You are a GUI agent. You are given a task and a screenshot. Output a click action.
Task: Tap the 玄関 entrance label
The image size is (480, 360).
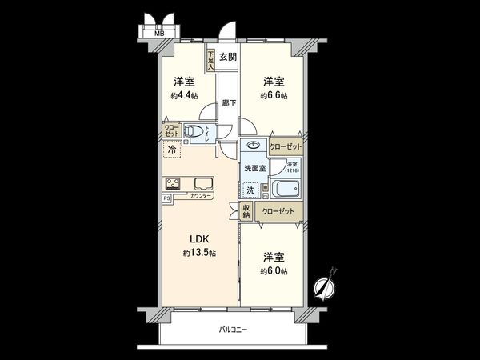228,57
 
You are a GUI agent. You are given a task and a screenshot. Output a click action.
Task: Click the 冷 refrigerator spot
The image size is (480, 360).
172,150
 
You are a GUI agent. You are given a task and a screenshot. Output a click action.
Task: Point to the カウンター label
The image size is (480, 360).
202,196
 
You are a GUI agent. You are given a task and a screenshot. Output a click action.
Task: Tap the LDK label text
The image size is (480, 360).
199,238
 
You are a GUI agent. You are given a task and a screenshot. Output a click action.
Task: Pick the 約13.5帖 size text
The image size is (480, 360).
199,253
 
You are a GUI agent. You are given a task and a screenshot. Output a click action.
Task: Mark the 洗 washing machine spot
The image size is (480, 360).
250,190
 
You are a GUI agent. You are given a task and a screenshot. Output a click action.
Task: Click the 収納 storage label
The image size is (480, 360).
246,211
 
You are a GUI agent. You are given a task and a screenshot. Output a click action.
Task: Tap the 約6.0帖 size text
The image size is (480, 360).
274,271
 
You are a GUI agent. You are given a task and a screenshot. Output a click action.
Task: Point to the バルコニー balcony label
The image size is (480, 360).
233,330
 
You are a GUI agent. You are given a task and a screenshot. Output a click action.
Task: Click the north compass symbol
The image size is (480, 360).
325,285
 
